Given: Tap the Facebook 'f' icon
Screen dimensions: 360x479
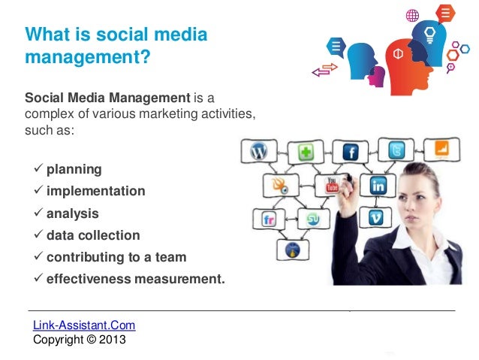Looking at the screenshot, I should (350, 153).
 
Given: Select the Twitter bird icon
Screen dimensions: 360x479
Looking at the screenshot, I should (396, 150).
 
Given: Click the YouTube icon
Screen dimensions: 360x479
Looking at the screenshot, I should (333, 184).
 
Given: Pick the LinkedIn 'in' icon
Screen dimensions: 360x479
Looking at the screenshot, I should (378, 185).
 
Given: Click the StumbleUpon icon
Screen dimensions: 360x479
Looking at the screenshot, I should (312, 219).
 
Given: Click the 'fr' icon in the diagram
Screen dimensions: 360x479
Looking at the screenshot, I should (269, 219).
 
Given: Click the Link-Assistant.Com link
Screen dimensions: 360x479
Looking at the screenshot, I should (84, 325).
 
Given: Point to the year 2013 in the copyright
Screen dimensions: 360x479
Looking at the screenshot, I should (113, 339).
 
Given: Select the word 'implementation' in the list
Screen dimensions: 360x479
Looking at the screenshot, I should (95, 191).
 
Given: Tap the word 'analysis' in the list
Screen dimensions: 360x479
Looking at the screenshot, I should (72, 213).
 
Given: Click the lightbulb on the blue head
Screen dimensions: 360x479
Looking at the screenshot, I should (430, 34).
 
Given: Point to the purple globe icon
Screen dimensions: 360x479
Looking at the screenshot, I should (412, 14).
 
